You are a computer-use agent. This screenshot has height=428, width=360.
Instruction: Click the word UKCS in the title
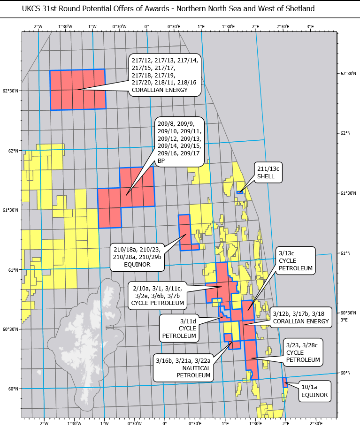pyautogui.click(x=32, y=9)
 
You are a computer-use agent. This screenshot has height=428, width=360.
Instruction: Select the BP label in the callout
pyautogui.click(x=161, y=161)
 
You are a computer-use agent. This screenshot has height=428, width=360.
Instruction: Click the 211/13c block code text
pyautogui.click(x=269, y=169)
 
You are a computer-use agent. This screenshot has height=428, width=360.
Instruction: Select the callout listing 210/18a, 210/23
pyautogui.click(x=137, y=257)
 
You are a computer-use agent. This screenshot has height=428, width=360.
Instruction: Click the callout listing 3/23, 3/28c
pyautogui.click(x=303, y=352)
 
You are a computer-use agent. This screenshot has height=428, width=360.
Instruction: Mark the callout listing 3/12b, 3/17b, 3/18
pyautogui.click(x=298, y=317)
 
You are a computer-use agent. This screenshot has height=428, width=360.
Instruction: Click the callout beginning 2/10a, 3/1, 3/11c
pyautogui.click(x=158, y=294)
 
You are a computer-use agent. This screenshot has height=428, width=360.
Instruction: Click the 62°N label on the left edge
pyautogui.click(x=13, y=151)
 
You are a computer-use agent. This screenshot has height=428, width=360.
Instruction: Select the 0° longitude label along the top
pyautogui.click(x=147, y=26)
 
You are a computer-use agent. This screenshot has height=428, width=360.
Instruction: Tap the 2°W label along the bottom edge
pyautogui.click(x=44, y=424)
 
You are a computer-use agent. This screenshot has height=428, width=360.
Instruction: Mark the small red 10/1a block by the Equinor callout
pyautogui.click(x=284, y=382)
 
